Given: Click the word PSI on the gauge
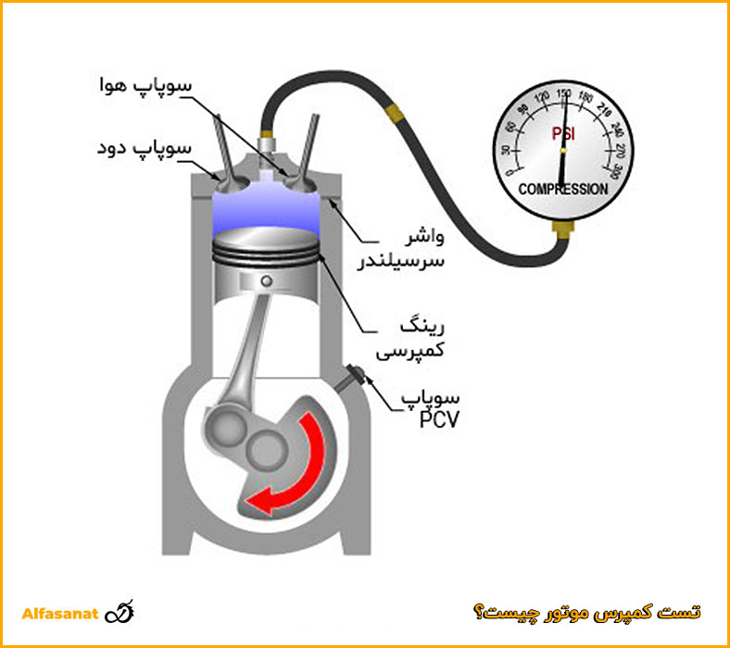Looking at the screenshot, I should coord(563,135).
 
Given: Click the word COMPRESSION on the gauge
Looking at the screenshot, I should coord(563,189).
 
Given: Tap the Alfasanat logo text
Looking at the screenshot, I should coord(59,614).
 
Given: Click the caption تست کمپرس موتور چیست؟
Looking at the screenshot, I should coord(586,613).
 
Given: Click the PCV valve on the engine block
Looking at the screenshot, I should coord(353,377).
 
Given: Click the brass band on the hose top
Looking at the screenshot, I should coord(397,114).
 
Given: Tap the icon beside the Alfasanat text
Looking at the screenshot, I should coord(121,613).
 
